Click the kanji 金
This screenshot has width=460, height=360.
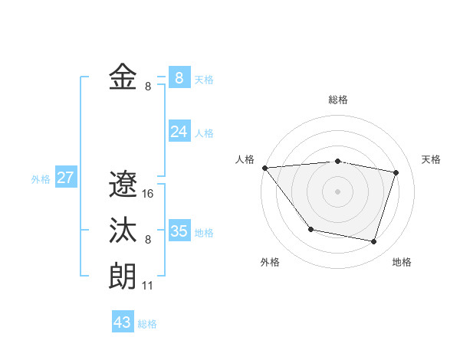123,77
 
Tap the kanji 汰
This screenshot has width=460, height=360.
123,231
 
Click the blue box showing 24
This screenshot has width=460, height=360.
179,132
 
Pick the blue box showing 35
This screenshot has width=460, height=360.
179,231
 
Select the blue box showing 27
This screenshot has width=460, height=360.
65,178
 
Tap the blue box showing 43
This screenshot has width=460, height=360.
123,322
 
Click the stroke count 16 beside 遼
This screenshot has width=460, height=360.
148,194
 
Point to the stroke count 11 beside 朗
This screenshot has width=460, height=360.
148,286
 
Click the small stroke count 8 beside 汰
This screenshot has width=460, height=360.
148,240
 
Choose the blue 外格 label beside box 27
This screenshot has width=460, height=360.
41,179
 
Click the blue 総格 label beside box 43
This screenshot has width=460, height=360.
147,324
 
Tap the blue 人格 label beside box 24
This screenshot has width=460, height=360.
204,133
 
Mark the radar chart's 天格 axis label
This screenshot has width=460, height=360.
432,159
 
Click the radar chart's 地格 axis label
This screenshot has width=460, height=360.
402,262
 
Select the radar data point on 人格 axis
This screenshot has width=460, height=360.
264,167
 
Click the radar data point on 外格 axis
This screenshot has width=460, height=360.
310,229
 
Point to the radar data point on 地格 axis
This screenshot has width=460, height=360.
373,241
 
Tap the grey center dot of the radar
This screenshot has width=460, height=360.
337,191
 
